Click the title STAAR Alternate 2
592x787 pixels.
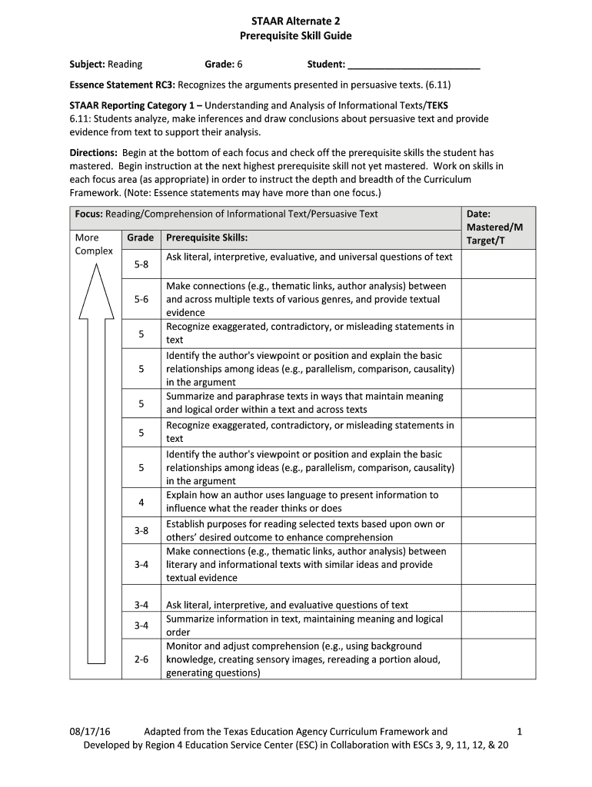[x=295, y=22]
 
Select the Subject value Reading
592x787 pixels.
[x=125, y=65]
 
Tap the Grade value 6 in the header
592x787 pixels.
[x=239, y=65]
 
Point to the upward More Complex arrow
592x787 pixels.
[x=96, y=461]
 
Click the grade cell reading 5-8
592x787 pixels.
[x=141, y=264]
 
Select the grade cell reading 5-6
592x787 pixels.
[x=141, y=299]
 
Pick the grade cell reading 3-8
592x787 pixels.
[x=141, y=530]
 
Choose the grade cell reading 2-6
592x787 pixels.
[x=141, y=659]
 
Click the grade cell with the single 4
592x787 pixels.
[x=141, y=502]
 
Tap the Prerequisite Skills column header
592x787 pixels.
[x=207, y=238]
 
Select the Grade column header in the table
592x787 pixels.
[x=141, y=238]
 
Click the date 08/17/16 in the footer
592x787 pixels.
[x=90, y=732]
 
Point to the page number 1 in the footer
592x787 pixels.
[x=520, y=732]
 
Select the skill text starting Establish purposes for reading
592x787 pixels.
[x=305, y=530]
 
